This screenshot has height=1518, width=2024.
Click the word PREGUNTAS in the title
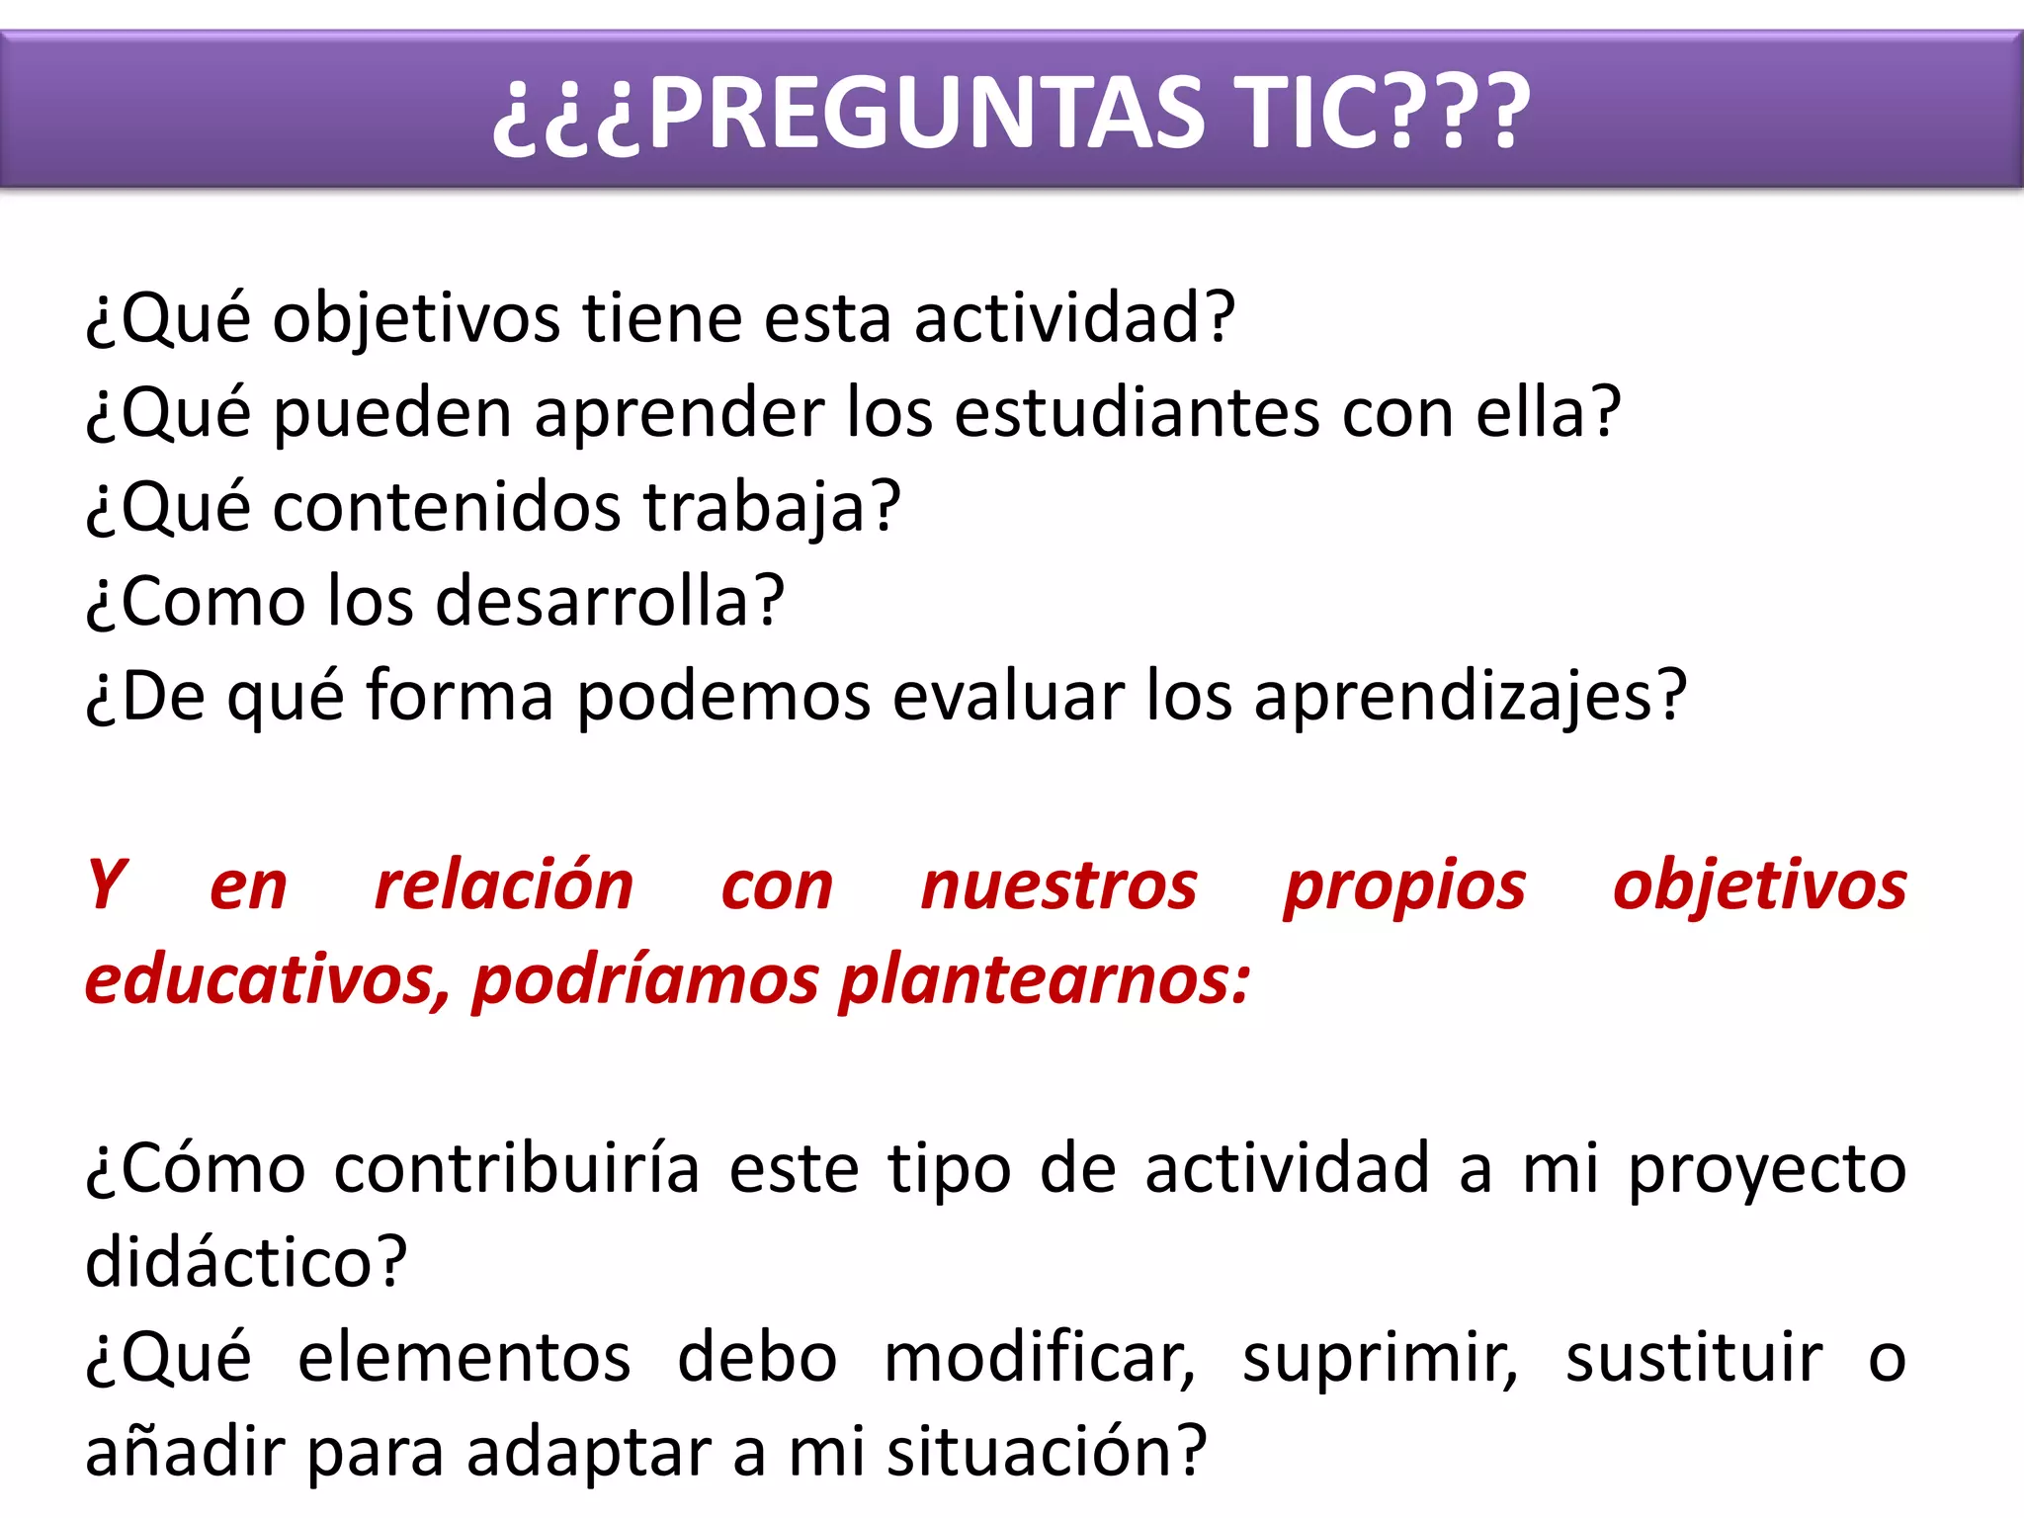click(927, 113)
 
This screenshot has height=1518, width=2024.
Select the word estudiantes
click(1137, 412)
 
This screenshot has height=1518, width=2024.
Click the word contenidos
click(447, 507)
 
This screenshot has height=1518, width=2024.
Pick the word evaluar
click(1008, 696)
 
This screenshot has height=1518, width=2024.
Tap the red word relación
click(504, 885)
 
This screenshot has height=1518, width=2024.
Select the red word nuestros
click(1058, 885)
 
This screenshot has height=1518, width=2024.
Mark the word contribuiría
click(517, 1169)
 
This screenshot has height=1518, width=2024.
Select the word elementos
click(464, 1358)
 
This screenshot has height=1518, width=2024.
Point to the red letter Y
click(107, 885)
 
